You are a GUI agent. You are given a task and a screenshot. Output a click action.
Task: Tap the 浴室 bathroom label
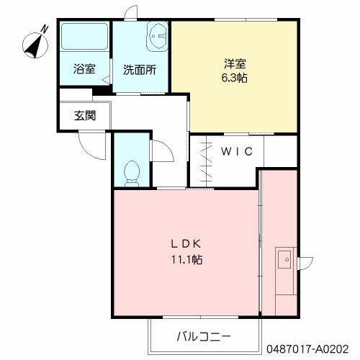(84, 69)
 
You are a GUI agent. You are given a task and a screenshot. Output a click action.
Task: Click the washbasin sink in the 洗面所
(156, 35)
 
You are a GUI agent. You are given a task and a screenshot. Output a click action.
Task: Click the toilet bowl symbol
(131, 171)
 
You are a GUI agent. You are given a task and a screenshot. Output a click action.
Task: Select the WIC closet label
(235, 151)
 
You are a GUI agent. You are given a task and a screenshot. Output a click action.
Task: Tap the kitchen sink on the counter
(283, 258)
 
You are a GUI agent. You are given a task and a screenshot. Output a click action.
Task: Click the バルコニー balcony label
(204, 336)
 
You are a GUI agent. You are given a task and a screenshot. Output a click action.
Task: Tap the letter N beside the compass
(45, 28)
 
